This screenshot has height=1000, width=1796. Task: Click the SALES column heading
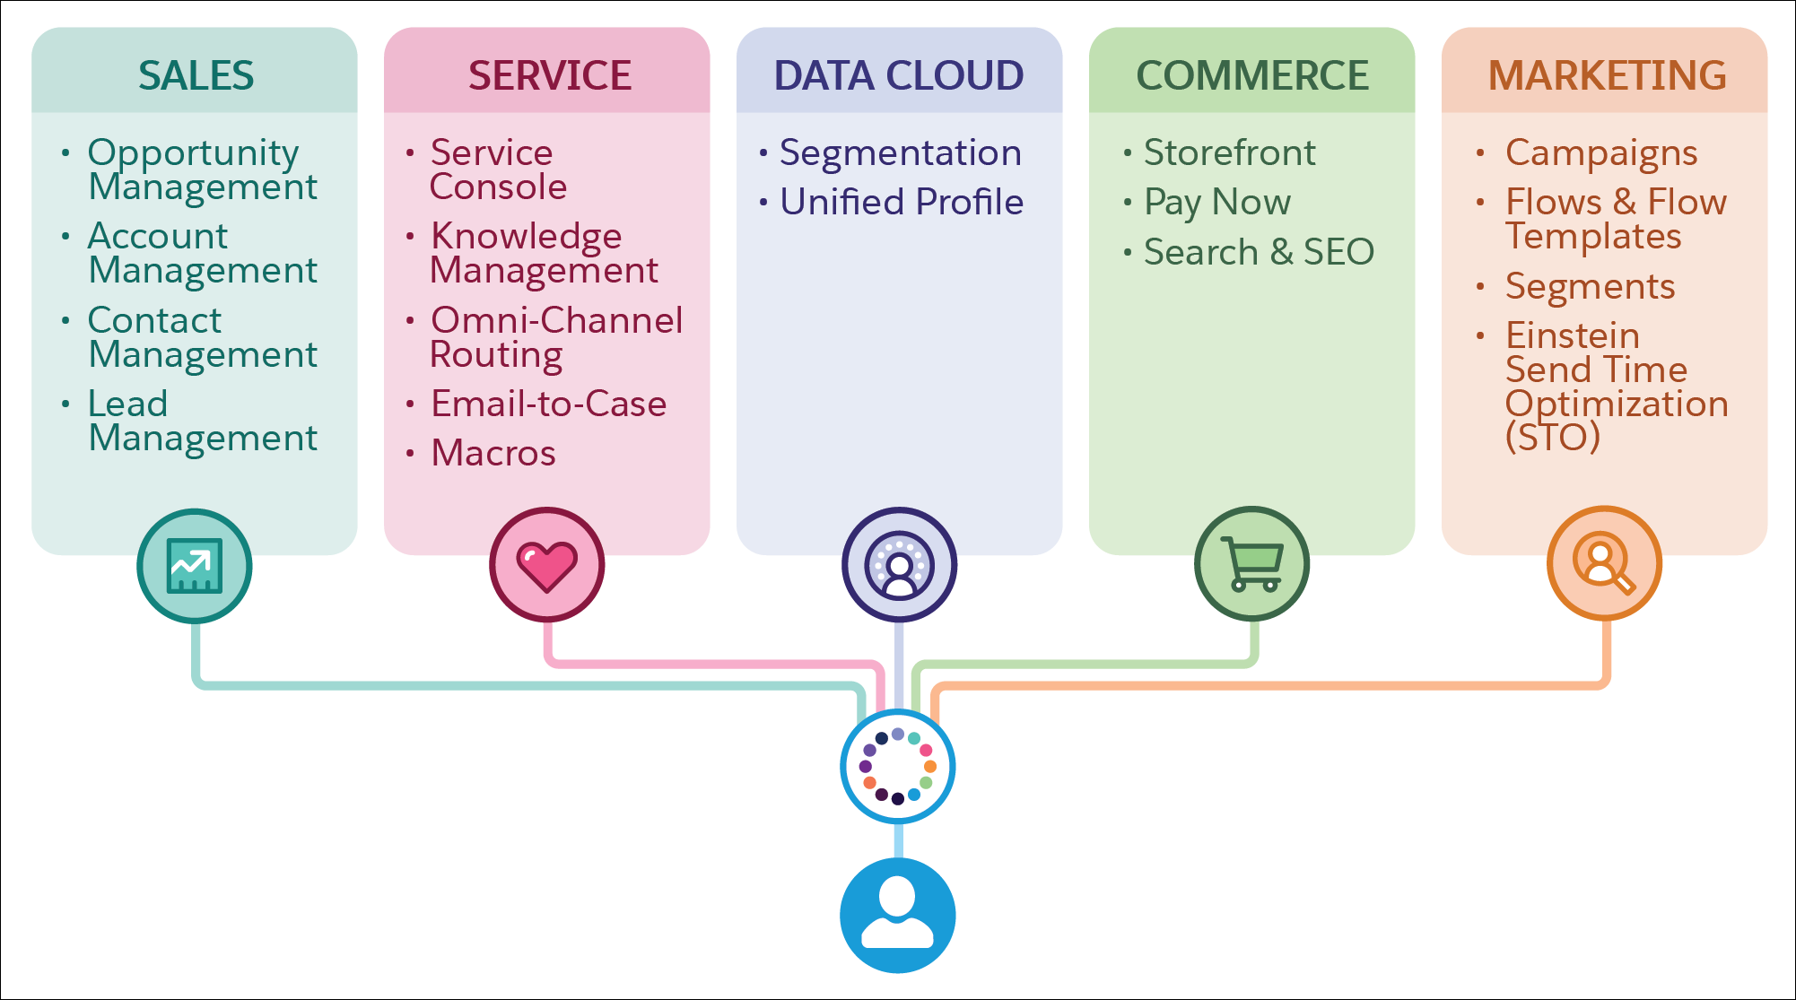pyautogui.click(x=196, y=75)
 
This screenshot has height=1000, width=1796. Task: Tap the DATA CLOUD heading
pyautogui.click(x=898, y=75)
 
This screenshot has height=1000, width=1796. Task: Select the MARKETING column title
pyautogui.click(x=1607, y=75)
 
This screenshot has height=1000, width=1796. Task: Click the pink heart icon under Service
pyautogui.click(x=546, y=566)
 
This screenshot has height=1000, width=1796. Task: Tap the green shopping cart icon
pyautogui.click(x=1251, y=564)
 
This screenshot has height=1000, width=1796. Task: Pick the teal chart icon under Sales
pyautogui.click(x=195, y=566)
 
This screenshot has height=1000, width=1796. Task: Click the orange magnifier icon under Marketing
pyautogui.click(x=1604, y=564)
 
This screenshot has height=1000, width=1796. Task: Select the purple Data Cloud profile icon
pyautogui.click(x=899, y=565)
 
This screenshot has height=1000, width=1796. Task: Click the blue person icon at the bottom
pyautogui.click(x=897, y=915)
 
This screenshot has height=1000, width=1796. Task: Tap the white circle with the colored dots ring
pyautogui.click(x=897, y=766)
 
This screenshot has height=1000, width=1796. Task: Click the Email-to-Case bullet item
pyautogui.click(x=548, y=404)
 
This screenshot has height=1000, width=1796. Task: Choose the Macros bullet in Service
pyautogui.click(x=493, y=453)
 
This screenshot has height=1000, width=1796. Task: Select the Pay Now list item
pyautogui.click(x=1216, y=203)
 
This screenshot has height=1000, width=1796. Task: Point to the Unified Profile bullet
pyautogui.click(x=901, y=202)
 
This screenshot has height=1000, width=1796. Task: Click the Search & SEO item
pyautogui.click(x=1258, y=252)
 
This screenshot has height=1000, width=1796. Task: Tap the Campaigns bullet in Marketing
pyautogui.click(x=1600, y=153)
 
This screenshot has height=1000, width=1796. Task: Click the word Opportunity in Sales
pyautogui.click(x=193, y=153)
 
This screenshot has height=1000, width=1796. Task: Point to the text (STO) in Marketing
pyautogui.click(x=1552, y=438)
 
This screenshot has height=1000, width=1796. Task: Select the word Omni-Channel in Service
pyautogui.click(x=556, y=320)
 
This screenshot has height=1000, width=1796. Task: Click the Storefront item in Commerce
pyautogui.click(x=1229, y=152)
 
